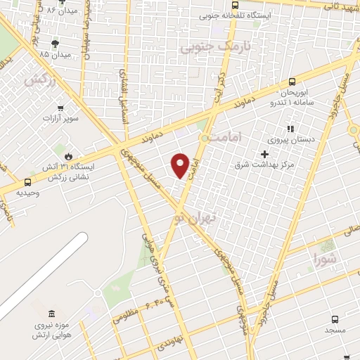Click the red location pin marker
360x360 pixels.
click(181, 165)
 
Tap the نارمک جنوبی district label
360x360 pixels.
click(205, 47)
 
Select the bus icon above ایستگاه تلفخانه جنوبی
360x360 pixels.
click(235, 4)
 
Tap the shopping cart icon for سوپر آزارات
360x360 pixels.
click(61, 108)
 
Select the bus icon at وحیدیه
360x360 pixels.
click(27, 181)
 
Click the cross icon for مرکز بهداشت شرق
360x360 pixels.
click(264, 153)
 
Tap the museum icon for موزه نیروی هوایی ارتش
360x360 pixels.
click(50, 314)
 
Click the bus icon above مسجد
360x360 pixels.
click(335, 318)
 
